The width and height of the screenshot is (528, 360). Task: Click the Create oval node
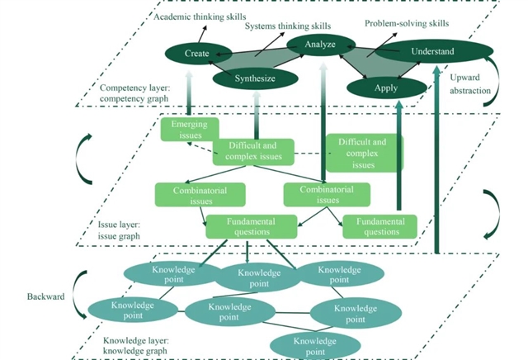[x=197, y=54]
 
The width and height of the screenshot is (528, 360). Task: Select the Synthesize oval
[x=256, y=78]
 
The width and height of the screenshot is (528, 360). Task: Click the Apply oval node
[x=384, y=88]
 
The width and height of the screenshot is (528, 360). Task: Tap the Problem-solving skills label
[x=408, y=23]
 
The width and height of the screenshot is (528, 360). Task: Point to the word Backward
[x=45, y=295]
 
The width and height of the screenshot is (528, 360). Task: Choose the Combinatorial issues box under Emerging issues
[x=200, y=195]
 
